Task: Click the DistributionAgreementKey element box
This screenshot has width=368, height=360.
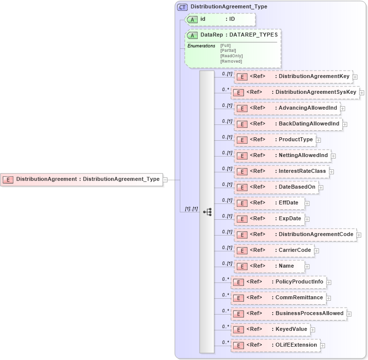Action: [x=293, y=77]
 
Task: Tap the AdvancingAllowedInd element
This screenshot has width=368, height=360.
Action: [x=287, y=108]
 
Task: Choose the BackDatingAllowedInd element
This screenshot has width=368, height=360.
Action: [x=288, y=124]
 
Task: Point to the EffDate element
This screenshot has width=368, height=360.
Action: [x=269, y=203]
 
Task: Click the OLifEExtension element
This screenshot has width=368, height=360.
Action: [x=275, y=345]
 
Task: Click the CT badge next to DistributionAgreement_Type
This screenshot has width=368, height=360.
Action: [x=182, y=7]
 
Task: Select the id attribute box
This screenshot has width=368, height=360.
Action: [x=220, y=19]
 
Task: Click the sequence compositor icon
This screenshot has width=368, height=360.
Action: [x=207, y=211]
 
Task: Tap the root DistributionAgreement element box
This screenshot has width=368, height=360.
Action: [x=82, y=179]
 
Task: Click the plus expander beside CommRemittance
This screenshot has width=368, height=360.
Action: [x=328, y=298]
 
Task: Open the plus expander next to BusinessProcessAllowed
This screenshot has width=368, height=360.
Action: [x=348, y=314]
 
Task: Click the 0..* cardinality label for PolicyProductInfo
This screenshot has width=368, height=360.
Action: [x=225, y=279]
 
